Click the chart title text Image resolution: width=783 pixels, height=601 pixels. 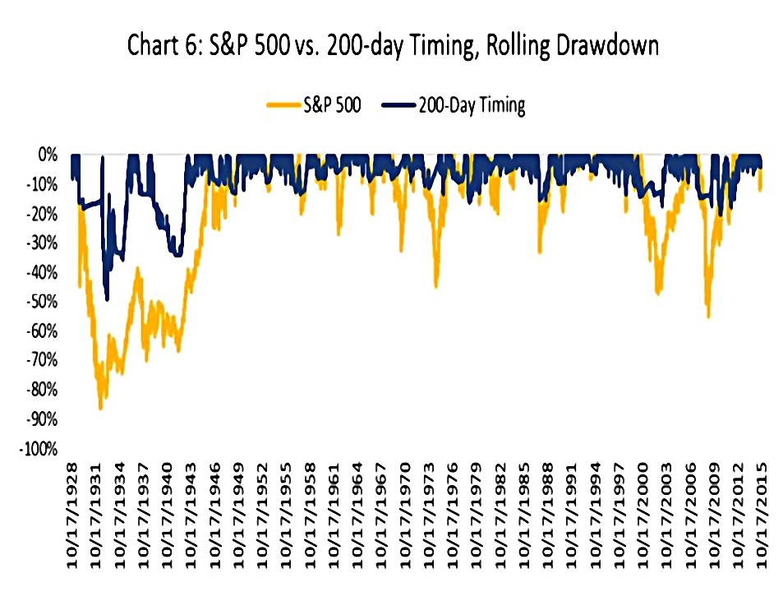[393, 46]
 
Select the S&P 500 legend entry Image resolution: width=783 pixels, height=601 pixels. [314, 105]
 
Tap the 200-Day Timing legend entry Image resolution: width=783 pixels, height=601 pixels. [454, 105]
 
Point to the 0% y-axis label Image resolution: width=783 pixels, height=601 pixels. [48, 155]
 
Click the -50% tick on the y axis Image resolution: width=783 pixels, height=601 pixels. [42, 303]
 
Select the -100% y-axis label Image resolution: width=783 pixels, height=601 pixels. [39, 450]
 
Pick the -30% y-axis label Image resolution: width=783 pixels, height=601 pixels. [42, 244]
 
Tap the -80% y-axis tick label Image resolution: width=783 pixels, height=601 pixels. [42, 391]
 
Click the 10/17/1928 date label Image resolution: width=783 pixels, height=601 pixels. [73, 516]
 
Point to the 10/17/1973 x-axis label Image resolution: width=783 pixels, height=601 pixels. [429, 516]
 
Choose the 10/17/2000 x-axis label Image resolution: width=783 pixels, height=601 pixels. [643, 516]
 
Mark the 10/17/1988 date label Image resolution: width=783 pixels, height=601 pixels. [548, 516]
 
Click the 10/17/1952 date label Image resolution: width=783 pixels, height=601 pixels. [263, 516]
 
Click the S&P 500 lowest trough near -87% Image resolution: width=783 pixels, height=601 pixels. [100, 407]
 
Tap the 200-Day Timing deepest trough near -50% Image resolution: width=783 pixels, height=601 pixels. [107, 298]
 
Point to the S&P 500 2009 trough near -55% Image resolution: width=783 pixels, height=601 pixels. [708, 315]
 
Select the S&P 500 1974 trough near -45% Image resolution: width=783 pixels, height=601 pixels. [436, 286]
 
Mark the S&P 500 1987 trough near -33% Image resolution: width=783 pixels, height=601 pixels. [539, 252]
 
